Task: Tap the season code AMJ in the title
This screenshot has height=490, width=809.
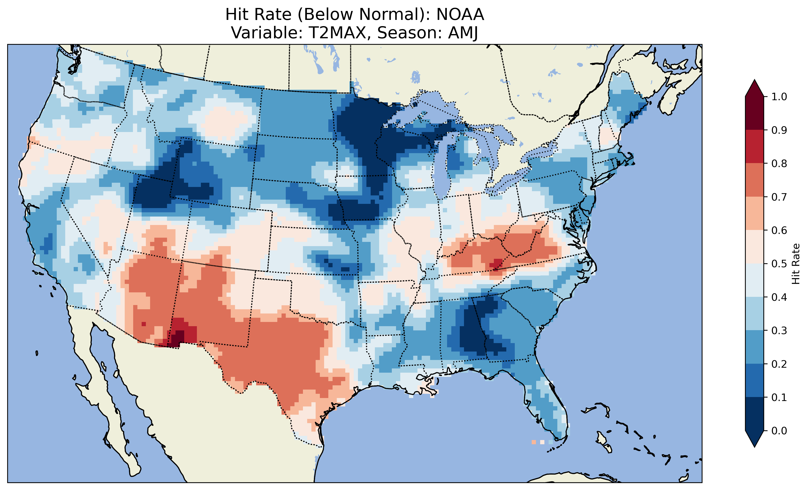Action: point(463,33)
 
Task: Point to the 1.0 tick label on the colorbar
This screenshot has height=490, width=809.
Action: point(779,97)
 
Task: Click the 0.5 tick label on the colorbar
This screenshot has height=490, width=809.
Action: point(779,264)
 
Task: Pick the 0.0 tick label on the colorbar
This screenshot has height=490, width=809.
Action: point(779,431)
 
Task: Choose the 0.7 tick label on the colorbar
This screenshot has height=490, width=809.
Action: point(779,197)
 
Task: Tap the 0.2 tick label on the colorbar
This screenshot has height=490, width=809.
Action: point(779,364)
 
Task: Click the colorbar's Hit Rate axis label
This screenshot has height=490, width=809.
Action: point(796,264)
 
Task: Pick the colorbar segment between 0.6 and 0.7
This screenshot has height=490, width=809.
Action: point(754,213)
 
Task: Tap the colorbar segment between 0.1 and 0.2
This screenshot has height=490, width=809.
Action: point(754,380)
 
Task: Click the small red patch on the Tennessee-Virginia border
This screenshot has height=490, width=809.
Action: point(496,263)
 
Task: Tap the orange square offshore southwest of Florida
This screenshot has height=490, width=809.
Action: point(533,442)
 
